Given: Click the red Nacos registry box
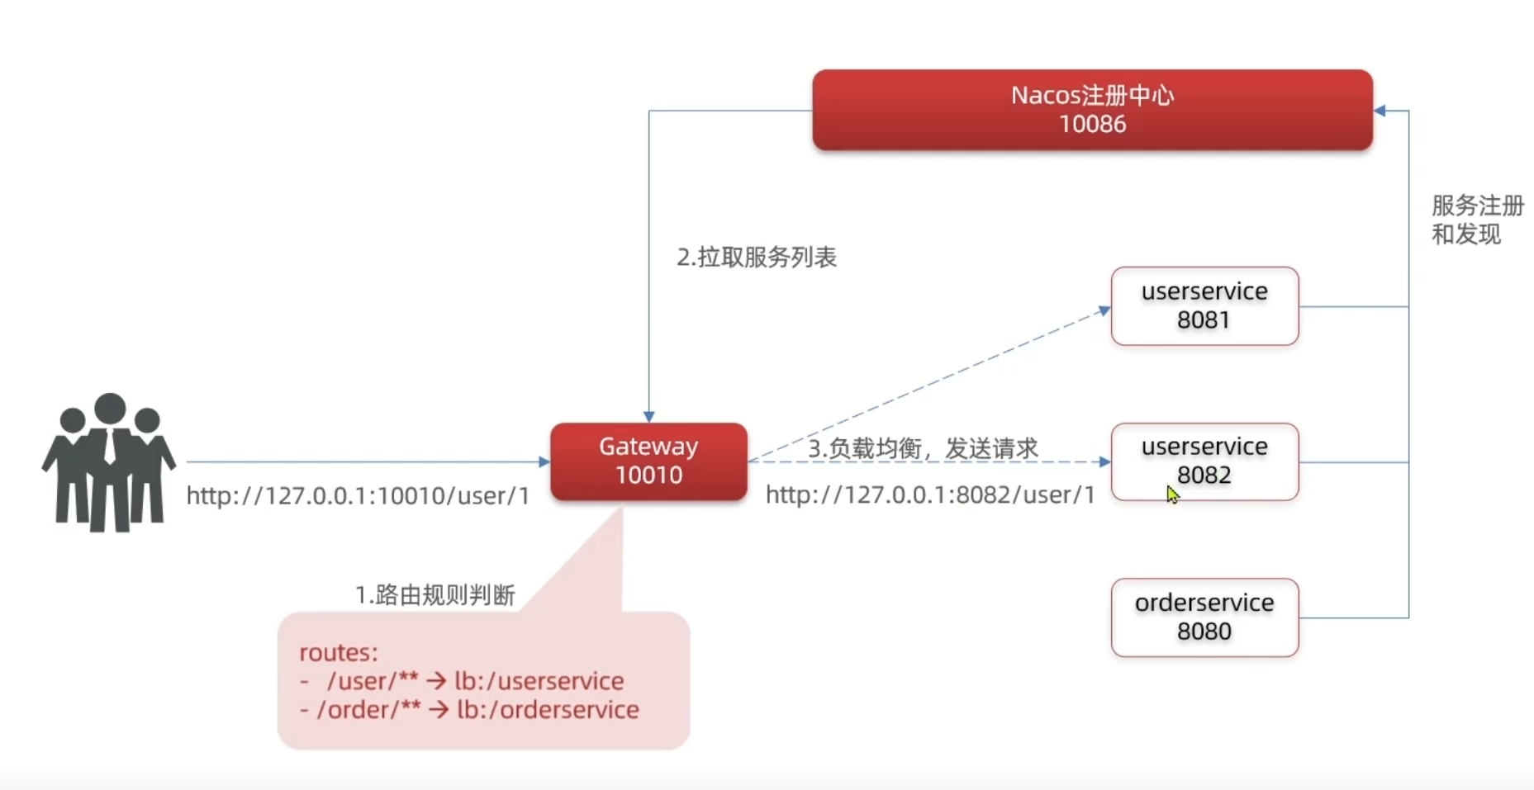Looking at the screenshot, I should [1092, 110].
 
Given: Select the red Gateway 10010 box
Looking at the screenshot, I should [648, 461].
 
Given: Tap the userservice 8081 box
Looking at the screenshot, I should [1204, 306].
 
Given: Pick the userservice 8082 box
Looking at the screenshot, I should [1204, 461].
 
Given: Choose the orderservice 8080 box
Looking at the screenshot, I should [1204, 617].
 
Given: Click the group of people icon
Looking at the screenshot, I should [108, 461].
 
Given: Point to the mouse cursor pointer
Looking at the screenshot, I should [1171, 494].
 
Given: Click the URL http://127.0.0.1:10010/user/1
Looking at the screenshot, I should [358, 496].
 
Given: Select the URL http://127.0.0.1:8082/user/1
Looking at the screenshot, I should [930, 495].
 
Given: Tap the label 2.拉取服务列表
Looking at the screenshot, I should [757, 258].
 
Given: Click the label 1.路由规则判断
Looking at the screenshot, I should [435, 595].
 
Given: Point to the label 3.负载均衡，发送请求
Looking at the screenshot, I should [923, 448].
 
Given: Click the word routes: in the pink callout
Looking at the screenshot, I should [339, 652].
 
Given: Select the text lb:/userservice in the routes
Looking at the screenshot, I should [539, 681].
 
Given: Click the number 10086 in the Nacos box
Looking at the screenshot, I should [1092, 125].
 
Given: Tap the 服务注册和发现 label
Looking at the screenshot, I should [1477, 220].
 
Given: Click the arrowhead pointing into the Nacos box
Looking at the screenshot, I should [1380, 111].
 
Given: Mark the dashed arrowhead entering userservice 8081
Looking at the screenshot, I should [1104, 310].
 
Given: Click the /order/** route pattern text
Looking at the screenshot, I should [368, 710].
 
